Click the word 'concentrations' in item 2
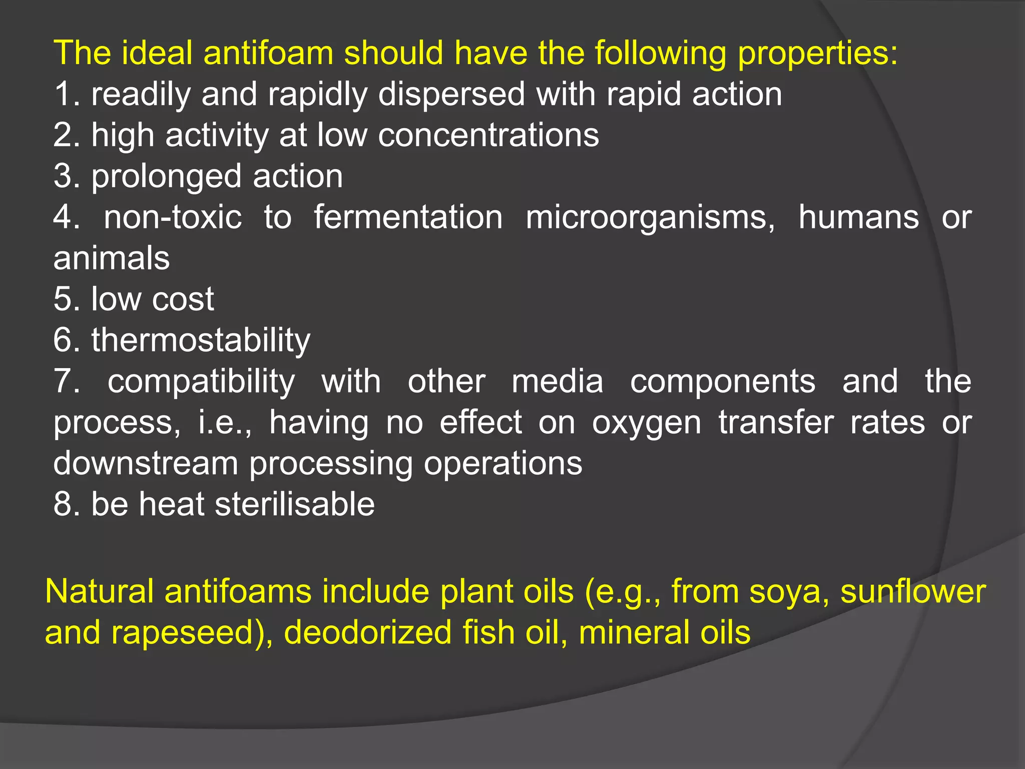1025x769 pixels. tap(488, 135)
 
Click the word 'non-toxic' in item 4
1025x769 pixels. tap(173, 217)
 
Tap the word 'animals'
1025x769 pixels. tap(112, 258)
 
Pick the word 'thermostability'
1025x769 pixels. tap(201, 341)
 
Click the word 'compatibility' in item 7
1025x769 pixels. tap(201, 382)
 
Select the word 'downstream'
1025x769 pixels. tap(146, 463)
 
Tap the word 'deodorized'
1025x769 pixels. tap(368, 632)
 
